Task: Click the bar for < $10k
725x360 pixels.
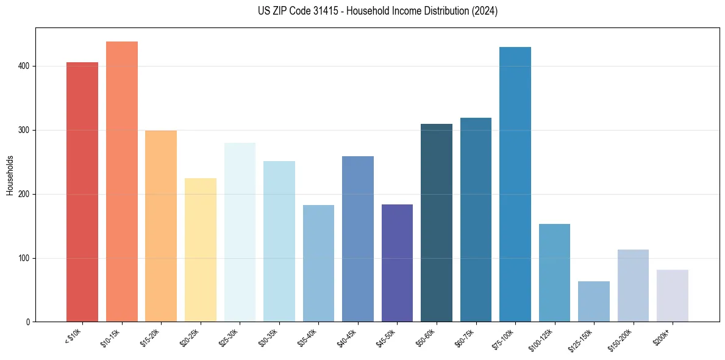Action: tap(82, 192)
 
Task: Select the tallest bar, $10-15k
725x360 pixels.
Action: tap(122, 182)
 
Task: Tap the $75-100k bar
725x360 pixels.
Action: tap(515, 184)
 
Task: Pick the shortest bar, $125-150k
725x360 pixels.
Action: tap(594, 301)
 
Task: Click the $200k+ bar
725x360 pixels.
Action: tap(673, 296)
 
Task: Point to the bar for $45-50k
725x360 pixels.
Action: tap(397, 263)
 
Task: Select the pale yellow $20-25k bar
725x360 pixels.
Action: tap(201, 250)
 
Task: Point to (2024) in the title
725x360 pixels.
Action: tap(485, 11)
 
